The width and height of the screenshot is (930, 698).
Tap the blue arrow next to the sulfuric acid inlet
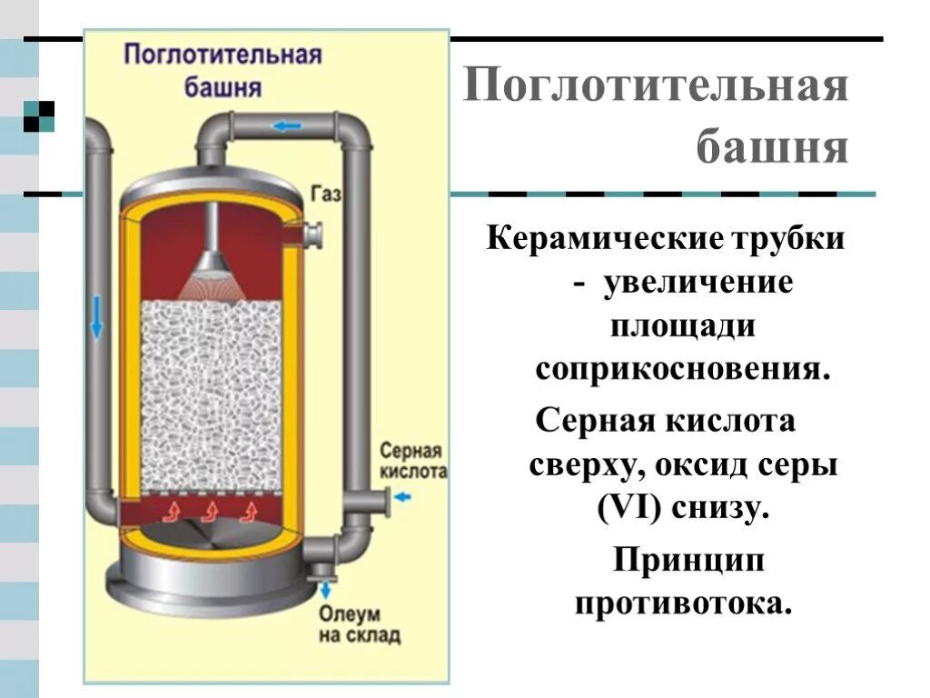pyautogui.click(x=404, y=496)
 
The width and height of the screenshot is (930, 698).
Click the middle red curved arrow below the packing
pyautogui.click(x=208, y=510)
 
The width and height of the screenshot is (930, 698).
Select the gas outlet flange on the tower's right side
pyautogui.click(x=317, y=235)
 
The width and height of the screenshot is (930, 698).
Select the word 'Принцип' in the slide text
pyautogui.click(x=688, y=561)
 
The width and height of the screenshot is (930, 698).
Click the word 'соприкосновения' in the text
pyautogui.click(x=682, y=369)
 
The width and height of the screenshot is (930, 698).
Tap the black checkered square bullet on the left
pyautogui.click(x=39, y=115)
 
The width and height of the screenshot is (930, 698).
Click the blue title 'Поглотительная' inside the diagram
pyautogui.click(x=223, y=55)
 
